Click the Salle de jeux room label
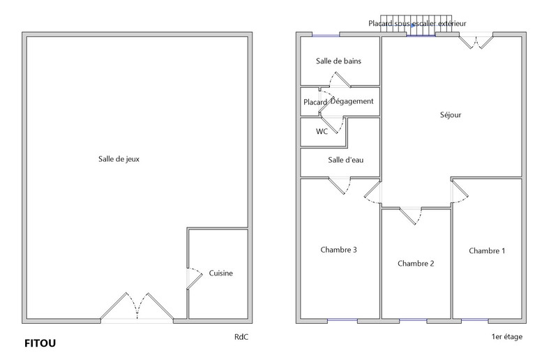pyautogui.click(x=119, y=159)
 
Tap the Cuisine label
pyautogui.click(x=220, y=273)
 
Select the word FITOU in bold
pyautogui.click(x=40, y=343)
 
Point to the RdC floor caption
pyautogui.click(x=241, y=337)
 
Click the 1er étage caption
pyautogui.click(x=507, y=336)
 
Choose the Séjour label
pyautogui.click(x=451, y=114)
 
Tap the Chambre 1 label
pyautogui.click(x=487, y=250)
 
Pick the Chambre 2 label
pyautogui.click(x=416, y=264)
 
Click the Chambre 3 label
pyautogui.click(x=338, y=250)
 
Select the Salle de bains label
pyautogui.click(x=338, y=61)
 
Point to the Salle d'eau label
pyautogui.click(x=345, y=160)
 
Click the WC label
pyautogui.click(x=322, y=131)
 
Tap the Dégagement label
pyautogui.click(x=352, y=101)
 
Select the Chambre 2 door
pyautogui.click(x=411, y=216)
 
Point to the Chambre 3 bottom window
pyautogui.click(x=342, y=320)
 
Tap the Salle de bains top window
pyautogui.click(x=326, y=35)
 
